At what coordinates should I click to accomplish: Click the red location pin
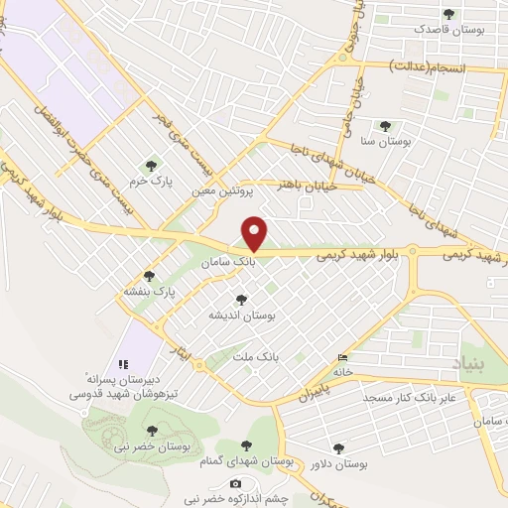click(x=255, y=233)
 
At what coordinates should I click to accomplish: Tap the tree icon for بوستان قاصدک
click(x=448, y=15)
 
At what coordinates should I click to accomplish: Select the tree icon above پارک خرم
click(x=151, y=166)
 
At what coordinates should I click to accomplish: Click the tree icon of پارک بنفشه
click(x=150, y=276)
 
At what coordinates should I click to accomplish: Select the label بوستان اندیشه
click(x=239, y=314)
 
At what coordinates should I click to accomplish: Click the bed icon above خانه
click(x=343, y=357)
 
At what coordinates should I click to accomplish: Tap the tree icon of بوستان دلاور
click(x=340, y=448)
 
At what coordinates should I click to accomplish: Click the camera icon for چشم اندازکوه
click(x=235, y=484)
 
